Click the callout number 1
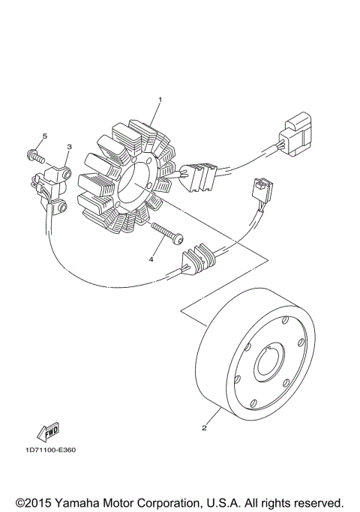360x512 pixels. click(159, 99)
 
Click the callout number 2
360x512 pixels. click(203, 429)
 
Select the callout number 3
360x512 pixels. click(69, 148)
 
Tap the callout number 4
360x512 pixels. click(151, 259)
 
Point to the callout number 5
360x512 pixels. click(44, 136)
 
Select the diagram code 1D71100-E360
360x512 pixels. click(49, 450)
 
